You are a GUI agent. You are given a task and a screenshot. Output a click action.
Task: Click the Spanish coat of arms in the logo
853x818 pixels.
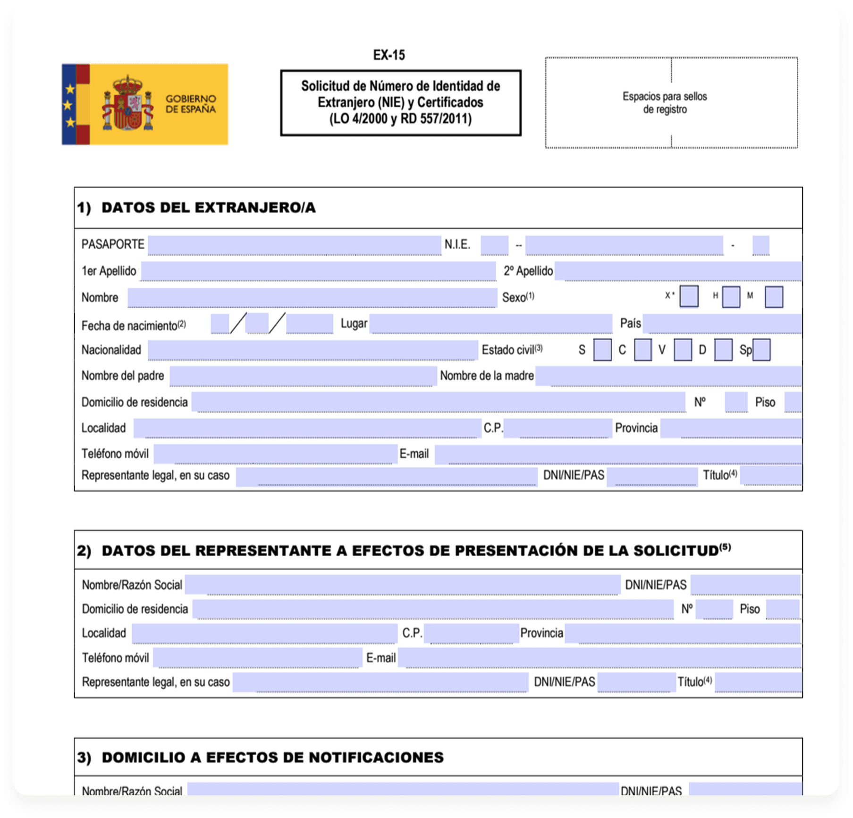click(127, 104)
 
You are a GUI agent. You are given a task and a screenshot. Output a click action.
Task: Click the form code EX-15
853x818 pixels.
click(388, 55)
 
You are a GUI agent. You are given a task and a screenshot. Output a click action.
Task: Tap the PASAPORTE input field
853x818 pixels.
click(294, 245)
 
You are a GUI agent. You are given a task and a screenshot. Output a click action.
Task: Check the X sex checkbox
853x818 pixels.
click(689, 297)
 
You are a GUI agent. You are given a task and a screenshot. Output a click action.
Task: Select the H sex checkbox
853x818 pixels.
click(731, 297)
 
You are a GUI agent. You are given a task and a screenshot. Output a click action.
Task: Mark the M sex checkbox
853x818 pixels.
click(773, 297)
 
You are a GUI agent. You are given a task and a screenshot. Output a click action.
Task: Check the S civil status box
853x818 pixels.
click(602, 350)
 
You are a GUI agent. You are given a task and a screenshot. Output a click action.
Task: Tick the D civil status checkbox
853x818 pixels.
click(723, 350)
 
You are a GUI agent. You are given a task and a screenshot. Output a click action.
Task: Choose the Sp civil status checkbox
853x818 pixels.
click(761, 350)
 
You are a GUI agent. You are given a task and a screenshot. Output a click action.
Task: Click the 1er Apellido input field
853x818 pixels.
click(318, 271)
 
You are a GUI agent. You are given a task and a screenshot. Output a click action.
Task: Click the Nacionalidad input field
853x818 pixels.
click(312, 350)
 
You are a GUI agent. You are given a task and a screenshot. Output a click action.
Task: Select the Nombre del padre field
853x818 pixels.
click(303, 376)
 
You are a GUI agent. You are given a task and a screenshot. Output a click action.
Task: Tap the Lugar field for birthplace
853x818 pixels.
click(491, 324)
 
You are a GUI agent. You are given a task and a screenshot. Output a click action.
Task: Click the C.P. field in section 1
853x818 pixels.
click(558, 428)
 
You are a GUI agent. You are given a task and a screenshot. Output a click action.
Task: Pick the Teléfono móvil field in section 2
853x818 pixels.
click(258, 658)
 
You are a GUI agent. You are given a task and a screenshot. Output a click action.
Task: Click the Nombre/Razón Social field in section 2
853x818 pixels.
click(403, 585)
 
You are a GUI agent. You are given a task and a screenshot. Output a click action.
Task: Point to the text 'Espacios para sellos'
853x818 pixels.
click(664, 97)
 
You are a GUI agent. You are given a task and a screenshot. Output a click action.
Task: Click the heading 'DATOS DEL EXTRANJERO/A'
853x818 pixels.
click(208, 208)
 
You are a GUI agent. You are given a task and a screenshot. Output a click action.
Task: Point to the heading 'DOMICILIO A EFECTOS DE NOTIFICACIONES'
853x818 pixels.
click(272, 758)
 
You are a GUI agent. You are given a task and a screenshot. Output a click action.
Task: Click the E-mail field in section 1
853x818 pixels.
click(617, 454)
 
